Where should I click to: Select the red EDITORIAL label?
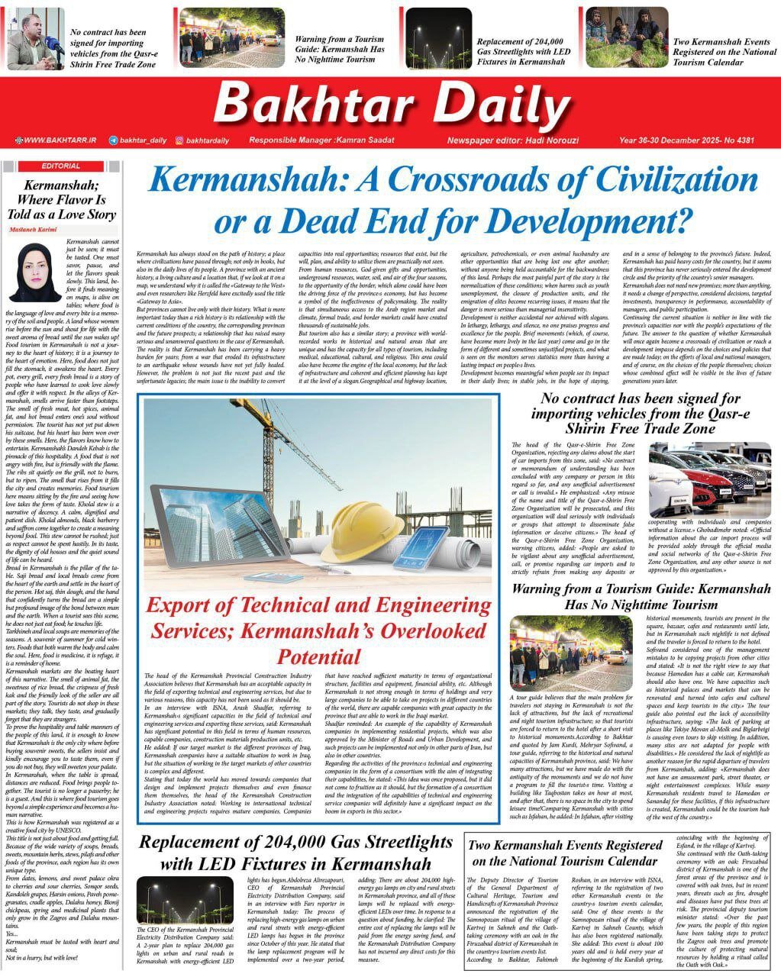point(60,166)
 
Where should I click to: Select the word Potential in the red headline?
point(319,656)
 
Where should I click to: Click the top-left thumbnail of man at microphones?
point(35,39)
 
